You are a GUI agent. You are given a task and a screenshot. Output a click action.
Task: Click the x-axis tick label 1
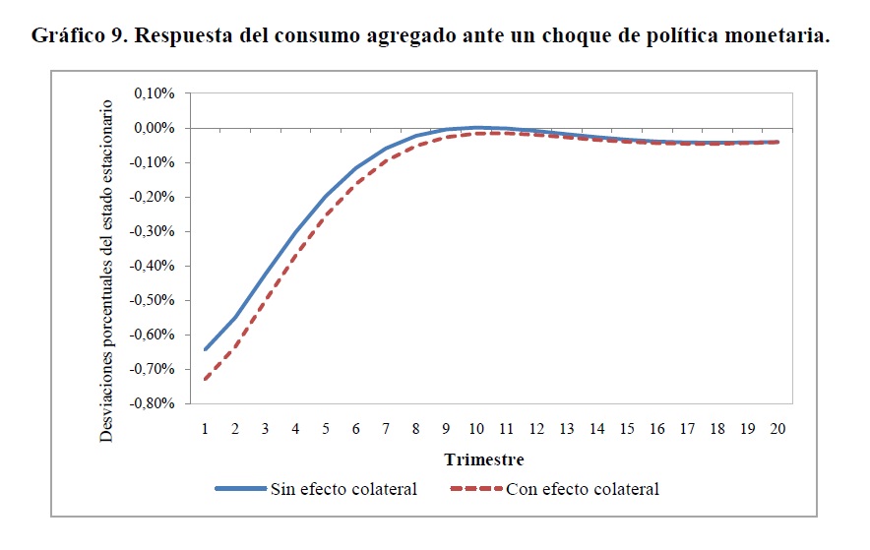click(206, 429)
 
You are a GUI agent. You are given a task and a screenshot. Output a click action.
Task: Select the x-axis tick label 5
click(326, 429)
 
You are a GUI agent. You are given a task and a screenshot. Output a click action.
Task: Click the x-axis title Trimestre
click(483, 459)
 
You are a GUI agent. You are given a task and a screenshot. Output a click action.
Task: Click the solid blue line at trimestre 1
click(206, 349)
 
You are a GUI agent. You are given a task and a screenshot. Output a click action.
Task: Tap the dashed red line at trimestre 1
click(206, 379)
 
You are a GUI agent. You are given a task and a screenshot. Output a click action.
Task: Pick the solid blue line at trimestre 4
click(296, 232)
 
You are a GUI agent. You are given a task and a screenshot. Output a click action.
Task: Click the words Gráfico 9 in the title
click(77, 36)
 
